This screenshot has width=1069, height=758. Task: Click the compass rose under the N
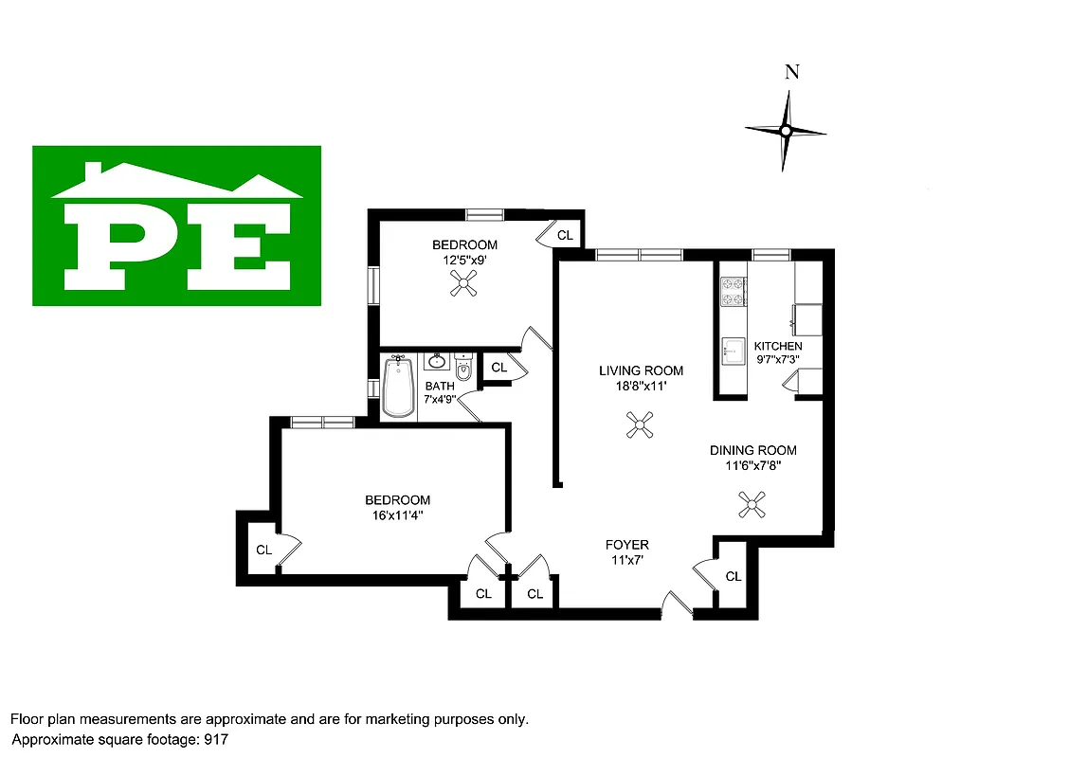coord(785,131)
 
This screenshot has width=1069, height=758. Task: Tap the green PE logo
coord(176,226)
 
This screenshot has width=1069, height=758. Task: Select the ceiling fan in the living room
coord(640,425)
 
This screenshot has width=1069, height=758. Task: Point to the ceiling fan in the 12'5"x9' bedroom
coord(463,283)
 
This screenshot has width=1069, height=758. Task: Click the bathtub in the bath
coord(399,388)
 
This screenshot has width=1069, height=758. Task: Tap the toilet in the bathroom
coord(463,367)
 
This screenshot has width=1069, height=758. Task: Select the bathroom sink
coord(437,362)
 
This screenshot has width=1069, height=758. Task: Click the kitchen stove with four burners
coord(733,292)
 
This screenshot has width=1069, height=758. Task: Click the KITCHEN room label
coord(778,346)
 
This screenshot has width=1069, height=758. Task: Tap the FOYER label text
coord(627,545)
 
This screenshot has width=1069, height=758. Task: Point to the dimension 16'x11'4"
coord(398,515)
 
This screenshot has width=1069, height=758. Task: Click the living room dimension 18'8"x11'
coord(641,386)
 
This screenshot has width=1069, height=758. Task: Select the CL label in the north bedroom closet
coord(565,235)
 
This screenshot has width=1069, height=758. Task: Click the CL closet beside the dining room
coord(734,576)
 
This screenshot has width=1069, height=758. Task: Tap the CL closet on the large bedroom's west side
coord(263,550)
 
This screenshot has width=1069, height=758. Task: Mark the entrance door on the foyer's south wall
coord(677,606)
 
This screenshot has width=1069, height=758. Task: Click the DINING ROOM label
coord(753,450)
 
